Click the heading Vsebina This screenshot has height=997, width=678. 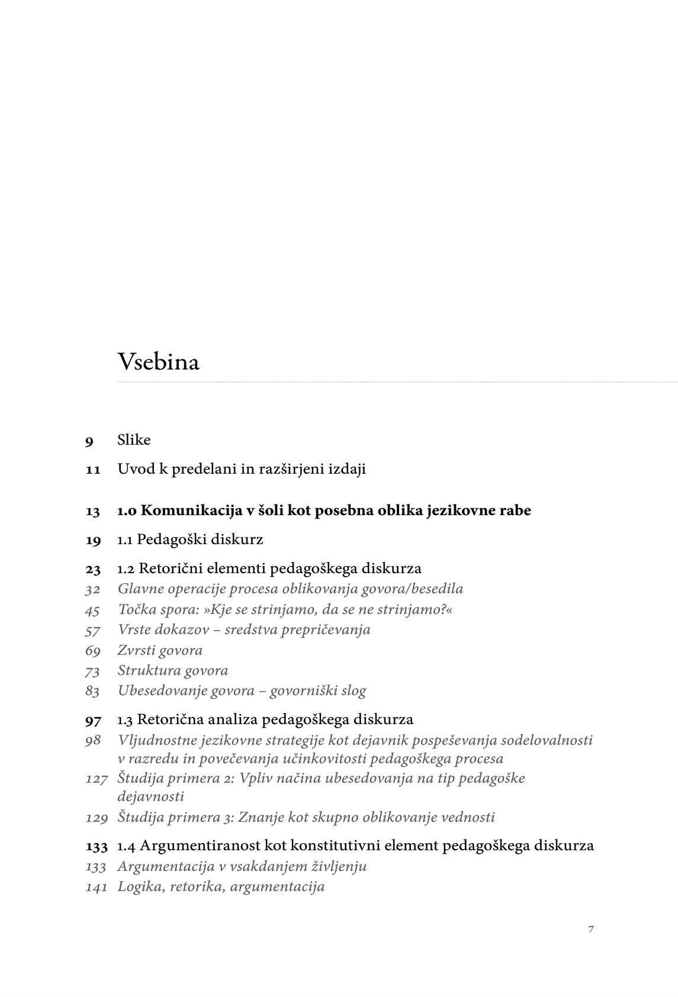tap(158, 362)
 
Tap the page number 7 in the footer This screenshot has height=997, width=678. tap(591, 929)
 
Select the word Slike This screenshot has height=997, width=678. tap(134, 440)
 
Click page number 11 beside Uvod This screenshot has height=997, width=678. tap(93, 469)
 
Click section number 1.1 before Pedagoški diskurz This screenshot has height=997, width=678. tap(125, 539)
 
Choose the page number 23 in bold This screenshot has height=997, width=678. tap(93, 569)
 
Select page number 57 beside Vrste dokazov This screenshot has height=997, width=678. tap(92, 630)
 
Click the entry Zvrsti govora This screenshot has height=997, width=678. tap(160, 650)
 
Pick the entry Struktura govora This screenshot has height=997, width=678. tap(172, 670)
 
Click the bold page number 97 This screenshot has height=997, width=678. tap(93, 720)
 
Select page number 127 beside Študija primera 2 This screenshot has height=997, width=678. tap(97, 778)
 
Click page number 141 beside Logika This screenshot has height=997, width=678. tap(97, 887)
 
